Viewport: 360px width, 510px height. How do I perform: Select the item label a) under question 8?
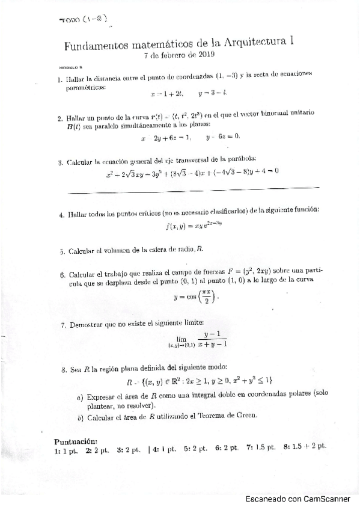point(80,397)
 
